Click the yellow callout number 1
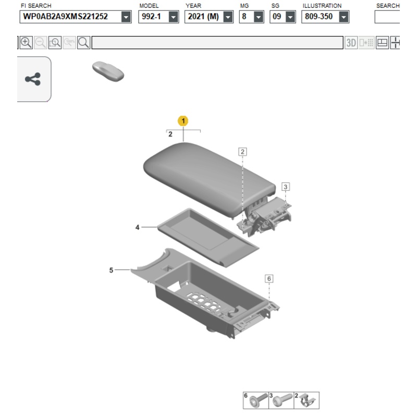pyautogui.click(x=183, y=121)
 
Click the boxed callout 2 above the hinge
pyautogui.click(x=242, y=152)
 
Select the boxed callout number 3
pyautogui.click(x=286, y=187)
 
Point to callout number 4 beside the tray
pyautogui.click(x=137, y=227)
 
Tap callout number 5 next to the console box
pyautogui.click(x=111, y=270)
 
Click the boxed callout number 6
pyautogui.click(x=269, y=278)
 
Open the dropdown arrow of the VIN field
pyautogui.click(x=126, y=17)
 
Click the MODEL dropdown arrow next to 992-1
pyautogui.click(x=173, y=17)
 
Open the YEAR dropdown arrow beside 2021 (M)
pyautogui.click(x=228, y=17)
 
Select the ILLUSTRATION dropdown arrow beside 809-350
pyautogui.click(x=344, y=17)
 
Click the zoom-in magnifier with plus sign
pyautogui.click(x=26, y=43)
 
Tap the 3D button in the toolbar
pyautogui.click(x=351, y=43)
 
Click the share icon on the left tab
pyautogui.click(x=33, y=79)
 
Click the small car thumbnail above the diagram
pyautogui.click(x=108, y=71)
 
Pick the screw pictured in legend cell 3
pyautogui.click(x=283, y=401)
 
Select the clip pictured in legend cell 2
pyautogui.click(x=307, y=401)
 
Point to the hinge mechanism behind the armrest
pyautogui.click(x=265, y=217)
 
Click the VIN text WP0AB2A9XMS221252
pyautogui.click(x=66, y=17)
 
